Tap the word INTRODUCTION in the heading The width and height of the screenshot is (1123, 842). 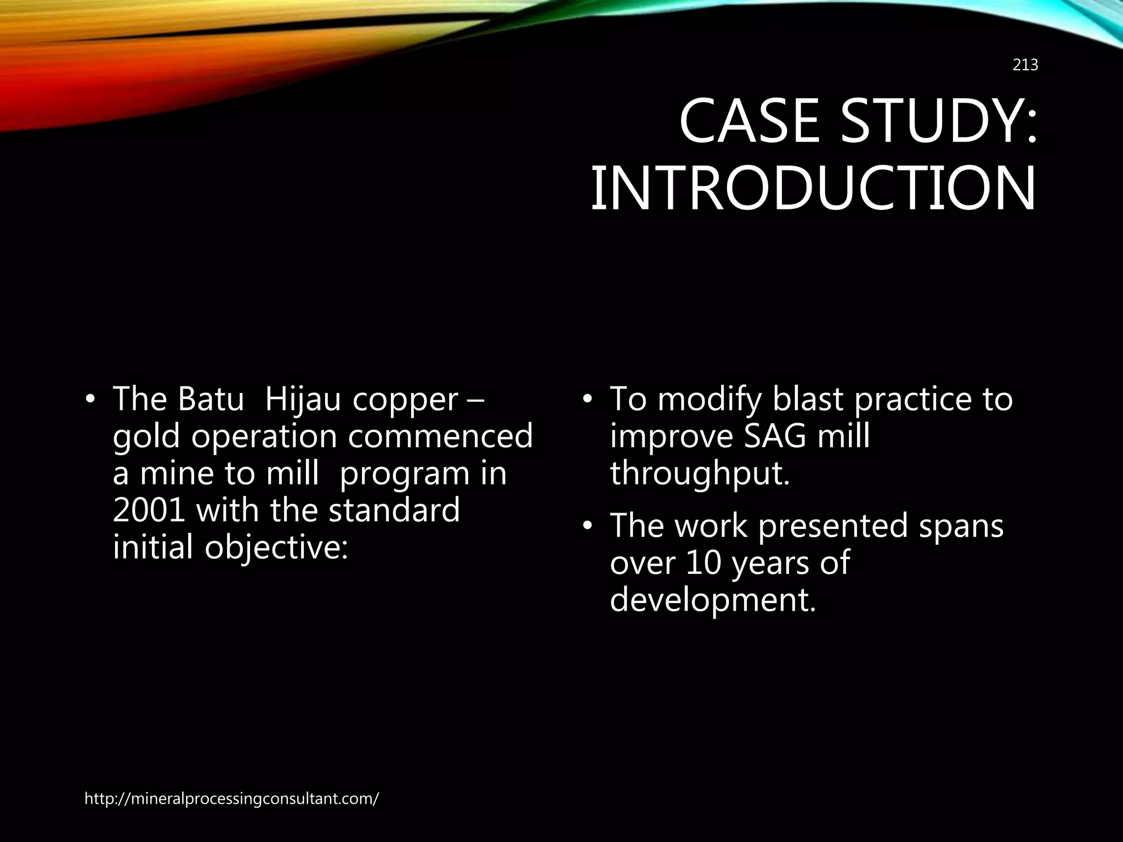[x=813, y=189]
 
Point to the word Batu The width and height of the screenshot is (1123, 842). [x=211, y=399]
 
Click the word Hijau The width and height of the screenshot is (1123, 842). [x=304, y=400]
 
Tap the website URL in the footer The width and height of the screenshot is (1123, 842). [x=231, y=799]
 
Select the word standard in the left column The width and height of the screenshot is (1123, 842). [x=394, y=510]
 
